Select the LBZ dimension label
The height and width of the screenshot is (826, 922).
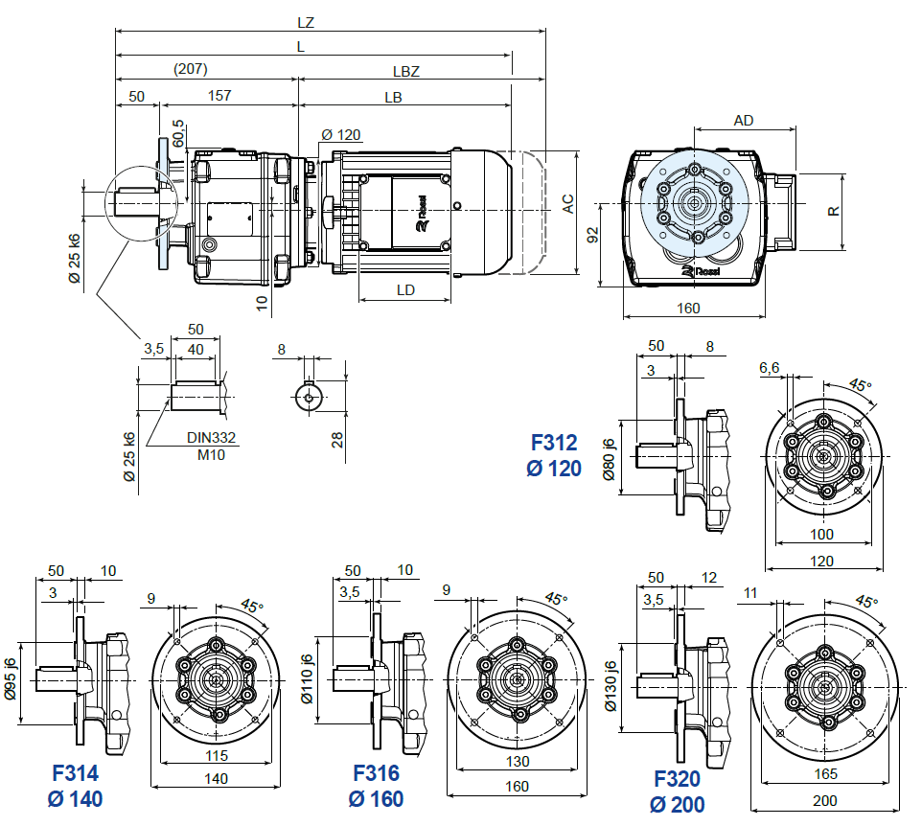[406, 70]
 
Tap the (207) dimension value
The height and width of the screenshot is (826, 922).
[191, 70]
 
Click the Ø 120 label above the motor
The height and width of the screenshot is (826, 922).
[341, 134]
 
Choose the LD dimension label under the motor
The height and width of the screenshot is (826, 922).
[405, 290]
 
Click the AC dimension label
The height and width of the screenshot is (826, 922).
[567, 203]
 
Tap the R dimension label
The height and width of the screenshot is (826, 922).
[834, 210]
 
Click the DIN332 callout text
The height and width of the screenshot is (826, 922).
[211, 437]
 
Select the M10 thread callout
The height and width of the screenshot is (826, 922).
[211, 454]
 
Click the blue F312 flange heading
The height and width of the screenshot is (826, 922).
[554, 443]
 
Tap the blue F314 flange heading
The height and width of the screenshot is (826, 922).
[75, 773]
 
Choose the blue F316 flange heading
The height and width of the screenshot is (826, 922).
[376, 773]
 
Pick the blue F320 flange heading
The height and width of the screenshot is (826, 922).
[677, 779]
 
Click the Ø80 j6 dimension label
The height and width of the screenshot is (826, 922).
[608, 459]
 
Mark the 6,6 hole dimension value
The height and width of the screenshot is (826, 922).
[769, 368]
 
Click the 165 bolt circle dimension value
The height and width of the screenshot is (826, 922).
[825, 773]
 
